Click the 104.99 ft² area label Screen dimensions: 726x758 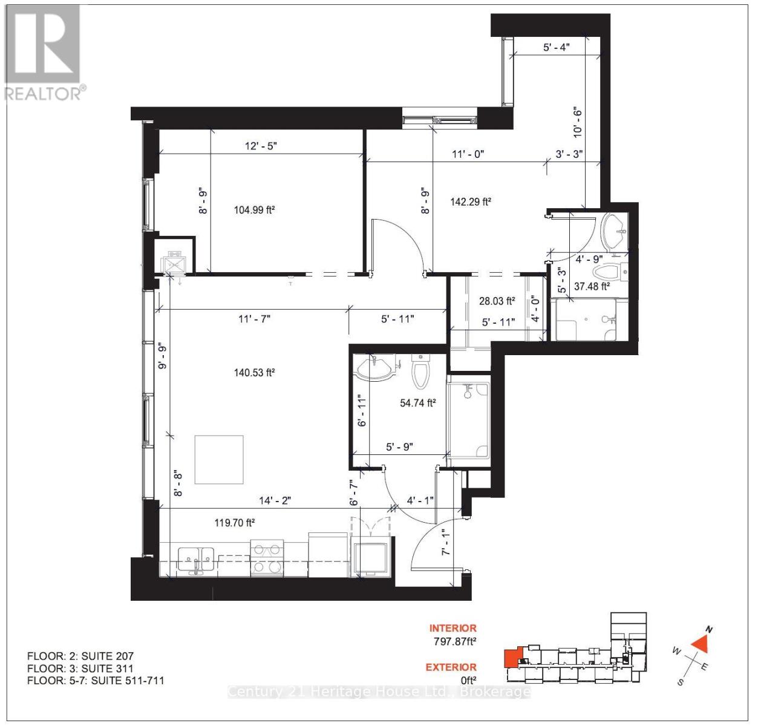click(x=254, y=210)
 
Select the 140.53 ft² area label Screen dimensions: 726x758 click(x=254, y=373)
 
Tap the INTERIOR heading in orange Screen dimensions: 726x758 click(x=453, y=629)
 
